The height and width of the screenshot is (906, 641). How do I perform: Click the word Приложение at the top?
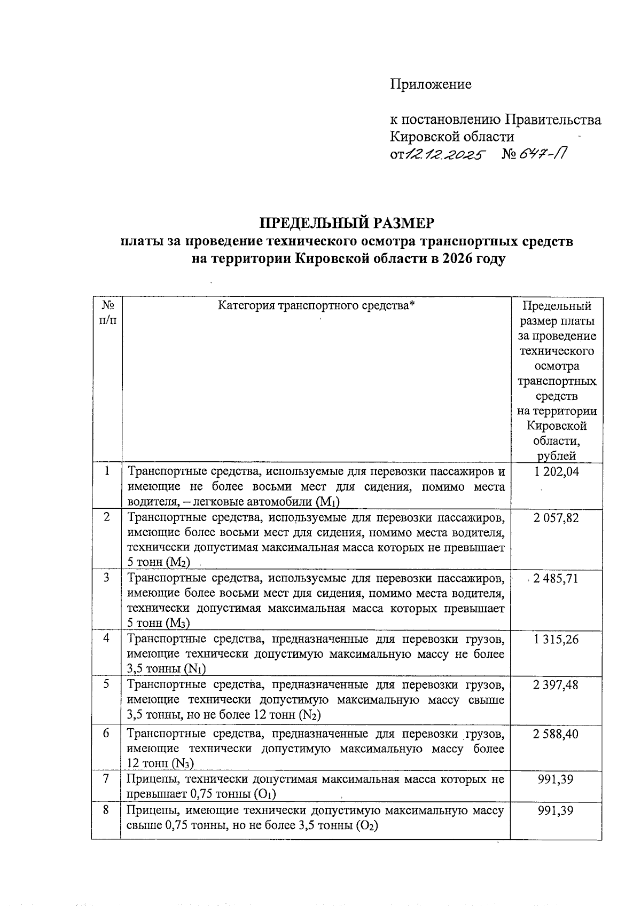pyautogui.click(x=431, y=84)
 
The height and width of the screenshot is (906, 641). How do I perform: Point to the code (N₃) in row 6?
pyautogui.click(x=182, y=763)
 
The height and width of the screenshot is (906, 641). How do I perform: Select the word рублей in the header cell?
pyautogui.click(x=557, y=455)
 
